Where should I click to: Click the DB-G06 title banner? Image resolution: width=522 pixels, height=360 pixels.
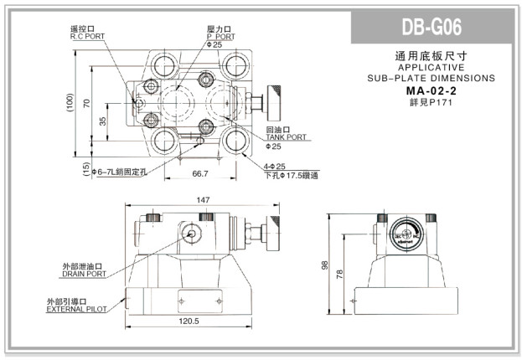[x=432, y=28]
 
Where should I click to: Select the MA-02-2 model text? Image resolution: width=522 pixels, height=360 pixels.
[x=432, y=90]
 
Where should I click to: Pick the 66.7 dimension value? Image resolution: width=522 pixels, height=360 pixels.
[x=199, y=173]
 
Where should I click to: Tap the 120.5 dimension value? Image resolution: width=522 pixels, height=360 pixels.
[x=189, y=321]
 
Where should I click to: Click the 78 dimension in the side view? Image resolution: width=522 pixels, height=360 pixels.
[x=339, y=274]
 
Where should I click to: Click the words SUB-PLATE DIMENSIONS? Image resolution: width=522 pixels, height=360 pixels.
[x=432, y=78]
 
